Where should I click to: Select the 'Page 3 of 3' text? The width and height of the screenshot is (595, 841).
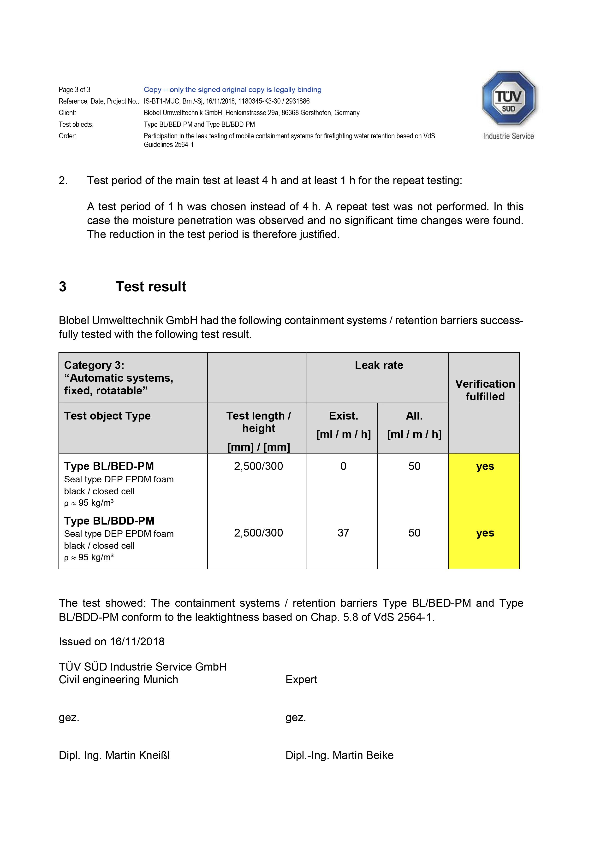(74, 90)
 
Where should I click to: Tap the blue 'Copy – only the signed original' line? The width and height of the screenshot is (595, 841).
(232, 90)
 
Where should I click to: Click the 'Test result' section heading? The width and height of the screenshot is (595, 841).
(151, 286)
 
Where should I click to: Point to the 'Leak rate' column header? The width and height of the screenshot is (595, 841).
(379, 365)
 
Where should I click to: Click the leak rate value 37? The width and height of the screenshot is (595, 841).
(343, 533)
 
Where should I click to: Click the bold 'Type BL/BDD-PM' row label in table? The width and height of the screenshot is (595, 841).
(109, 520)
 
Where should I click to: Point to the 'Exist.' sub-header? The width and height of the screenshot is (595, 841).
(343, 416)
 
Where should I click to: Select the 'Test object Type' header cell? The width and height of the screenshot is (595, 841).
(107, 416)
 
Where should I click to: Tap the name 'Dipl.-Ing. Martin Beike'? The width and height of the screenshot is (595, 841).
(339, 755)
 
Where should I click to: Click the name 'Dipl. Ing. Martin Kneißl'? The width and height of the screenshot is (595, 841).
(114, 755)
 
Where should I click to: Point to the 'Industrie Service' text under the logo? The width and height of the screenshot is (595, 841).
(508, 136)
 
